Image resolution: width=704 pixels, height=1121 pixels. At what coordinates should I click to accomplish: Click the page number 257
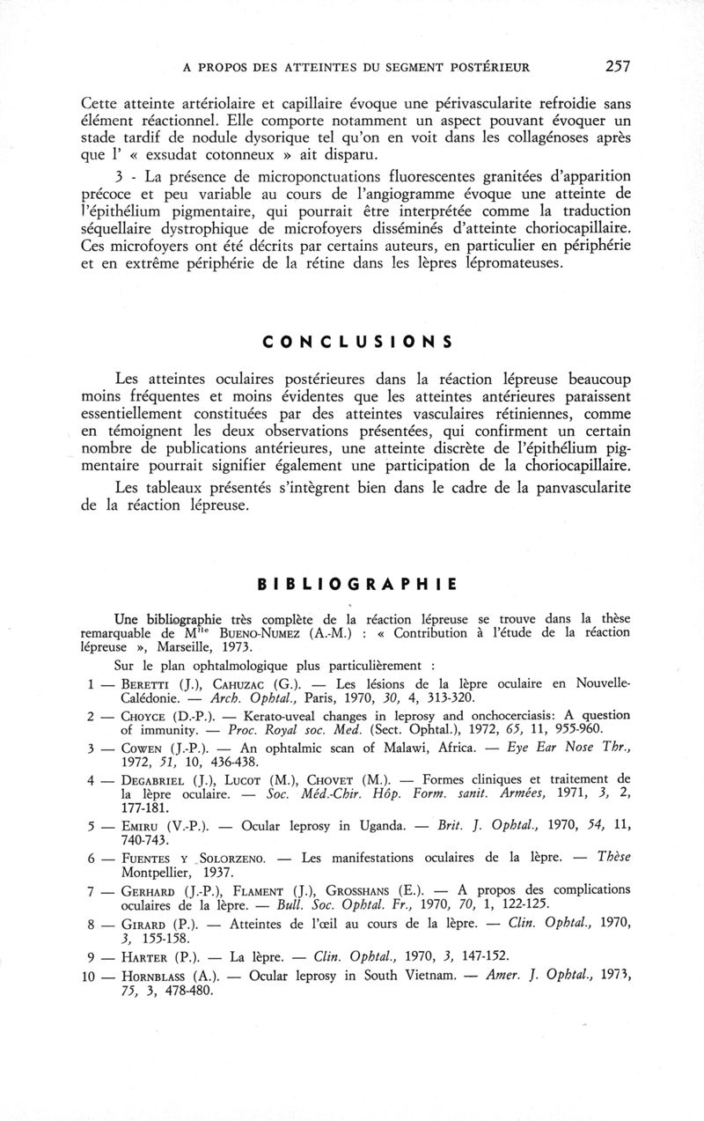pyautogui.click(x=615, y=65)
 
